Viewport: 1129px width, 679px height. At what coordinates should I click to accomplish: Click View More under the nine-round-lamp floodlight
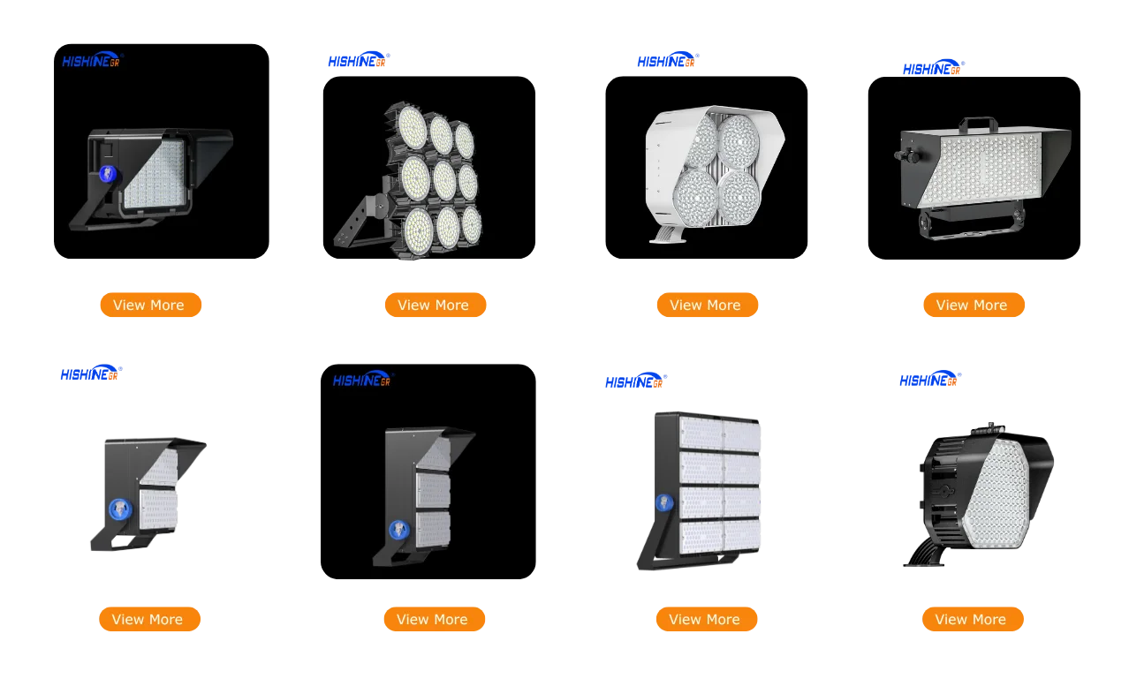tap(434, 305)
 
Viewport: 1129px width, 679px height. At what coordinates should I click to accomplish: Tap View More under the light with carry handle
tap(972, 305)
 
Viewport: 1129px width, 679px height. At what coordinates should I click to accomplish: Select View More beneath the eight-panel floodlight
tap(705, 619)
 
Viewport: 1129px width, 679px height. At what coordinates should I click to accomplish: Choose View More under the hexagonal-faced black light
tap(971, 619)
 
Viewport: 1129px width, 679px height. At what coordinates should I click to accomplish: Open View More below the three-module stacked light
tap(433, 619)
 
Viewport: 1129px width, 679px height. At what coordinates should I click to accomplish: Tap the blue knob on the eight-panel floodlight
tap(661, 503)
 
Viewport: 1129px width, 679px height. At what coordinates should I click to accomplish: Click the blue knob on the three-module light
tap(399, 529)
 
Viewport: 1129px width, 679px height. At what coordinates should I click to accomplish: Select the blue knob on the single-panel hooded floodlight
tap(106, 174)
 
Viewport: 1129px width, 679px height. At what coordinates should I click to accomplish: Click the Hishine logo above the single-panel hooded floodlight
tap(91, 60)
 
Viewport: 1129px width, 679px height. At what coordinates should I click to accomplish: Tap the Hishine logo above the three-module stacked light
tap(361, 379)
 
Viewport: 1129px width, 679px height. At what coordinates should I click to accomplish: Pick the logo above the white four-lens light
tap(667, 60)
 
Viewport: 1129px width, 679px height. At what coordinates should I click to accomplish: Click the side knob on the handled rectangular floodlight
tap(900, 156)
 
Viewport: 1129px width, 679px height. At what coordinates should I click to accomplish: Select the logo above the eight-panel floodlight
tap(634, 381)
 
